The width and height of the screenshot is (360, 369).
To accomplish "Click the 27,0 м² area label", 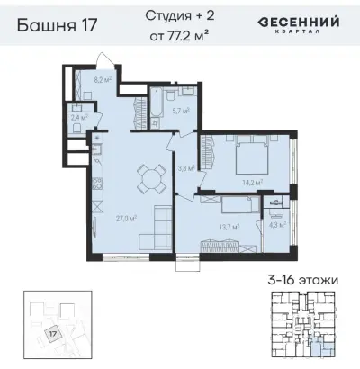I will pos(115,217).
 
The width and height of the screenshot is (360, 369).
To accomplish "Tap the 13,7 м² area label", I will pos(227,228).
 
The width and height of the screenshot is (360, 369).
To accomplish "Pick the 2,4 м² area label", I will pos(78,117).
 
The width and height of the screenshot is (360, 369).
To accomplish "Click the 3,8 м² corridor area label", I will pos(184,167).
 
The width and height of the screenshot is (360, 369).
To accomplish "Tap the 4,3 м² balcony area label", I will pos(276,225).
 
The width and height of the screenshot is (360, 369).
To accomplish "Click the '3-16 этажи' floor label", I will pos(302,281).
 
